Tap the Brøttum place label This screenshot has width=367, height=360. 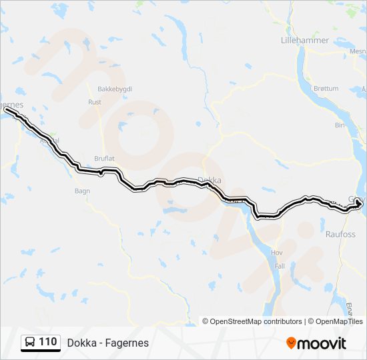click(326, 88)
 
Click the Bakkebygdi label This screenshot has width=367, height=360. click(115, 89)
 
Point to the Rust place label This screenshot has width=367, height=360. click(95, 102)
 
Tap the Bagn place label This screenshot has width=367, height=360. click(82, 191)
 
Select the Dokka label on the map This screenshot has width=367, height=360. click(210, 180)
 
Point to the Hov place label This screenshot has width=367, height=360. click(277, 253)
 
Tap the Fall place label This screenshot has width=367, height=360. click(280, 265)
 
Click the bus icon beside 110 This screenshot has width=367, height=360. click(30, 343)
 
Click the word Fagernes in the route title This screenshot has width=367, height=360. click(126, 343)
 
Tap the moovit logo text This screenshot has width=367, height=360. click(322, 343)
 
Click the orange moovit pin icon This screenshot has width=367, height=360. click(291, 343)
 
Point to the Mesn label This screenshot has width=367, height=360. click(358, 50)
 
